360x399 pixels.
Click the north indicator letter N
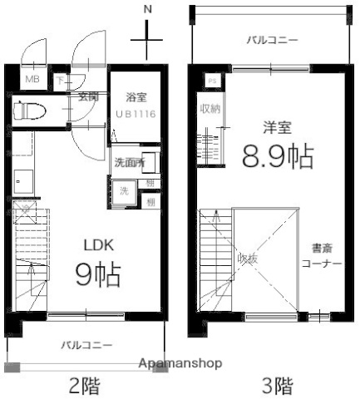click(148, 9)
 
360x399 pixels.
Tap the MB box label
click(32, 80)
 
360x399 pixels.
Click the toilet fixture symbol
click(33, 111)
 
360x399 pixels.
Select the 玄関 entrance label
click(88, 96)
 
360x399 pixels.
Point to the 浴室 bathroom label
click(137, 96)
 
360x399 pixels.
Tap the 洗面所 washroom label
click(129, 163)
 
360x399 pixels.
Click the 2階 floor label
click(86, 386)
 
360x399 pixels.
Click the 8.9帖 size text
click(277, 155)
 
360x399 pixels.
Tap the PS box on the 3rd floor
click(211, 81)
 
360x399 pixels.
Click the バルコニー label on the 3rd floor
click(273, 39)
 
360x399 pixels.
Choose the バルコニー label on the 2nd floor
click(87, 344)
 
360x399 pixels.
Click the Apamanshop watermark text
click(180, 364)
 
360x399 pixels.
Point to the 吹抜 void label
click(248, 258)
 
